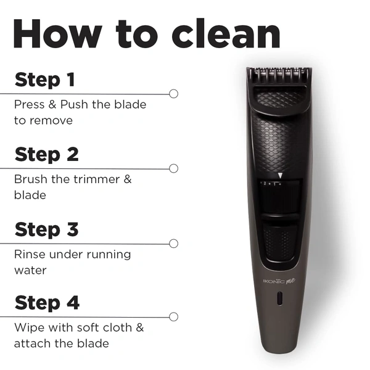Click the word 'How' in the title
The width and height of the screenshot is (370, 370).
coord(58,34)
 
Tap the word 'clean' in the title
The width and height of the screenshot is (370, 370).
coord(226,33)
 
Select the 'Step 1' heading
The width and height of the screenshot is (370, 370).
coord(45,80)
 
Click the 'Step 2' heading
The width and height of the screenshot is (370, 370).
coord(46,155)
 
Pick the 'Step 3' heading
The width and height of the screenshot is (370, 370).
coord(46,229)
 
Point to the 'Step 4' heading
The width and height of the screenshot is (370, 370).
coord(47,303)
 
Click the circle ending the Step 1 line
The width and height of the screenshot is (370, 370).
coord(174,94)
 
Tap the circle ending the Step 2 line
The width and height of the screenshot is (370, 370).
coord(174,168)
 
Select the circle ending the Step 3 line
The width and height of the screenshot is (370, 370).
coord(174,244)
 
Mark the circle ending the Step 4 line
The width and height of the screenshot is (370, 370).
coord(174,317)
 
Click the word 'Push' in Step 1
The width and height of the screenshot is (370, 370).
coord(74,104)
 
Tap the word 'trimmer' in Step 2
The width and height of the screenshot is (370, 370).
coord(97,179)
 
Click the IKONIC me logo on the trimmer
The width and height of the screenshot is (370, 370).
coord(279,281)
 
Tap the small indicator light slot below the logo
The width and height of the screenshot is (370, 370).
coord(279,298)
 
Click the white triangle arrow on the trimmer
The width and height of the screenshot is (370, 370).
coord(280,176)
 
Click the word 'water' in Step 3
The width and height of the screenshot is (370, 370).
coord(30,271)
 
